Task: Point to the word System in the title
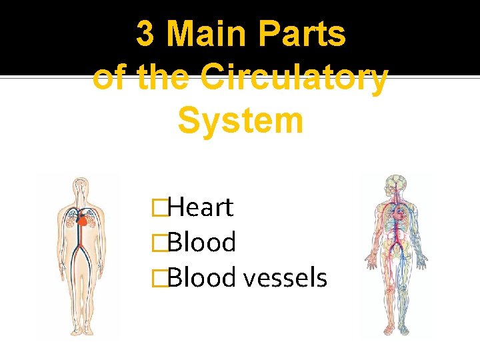[241, 121]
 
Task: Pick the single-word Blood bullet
[201, 243]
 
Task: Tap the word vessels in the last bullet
[285, 277]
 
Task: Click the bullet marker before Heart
[159, 208]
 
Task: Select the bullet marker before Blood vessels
[159, 278]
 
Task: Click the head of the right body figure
[396, 183]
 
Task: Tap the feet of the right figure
[396, 330]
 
